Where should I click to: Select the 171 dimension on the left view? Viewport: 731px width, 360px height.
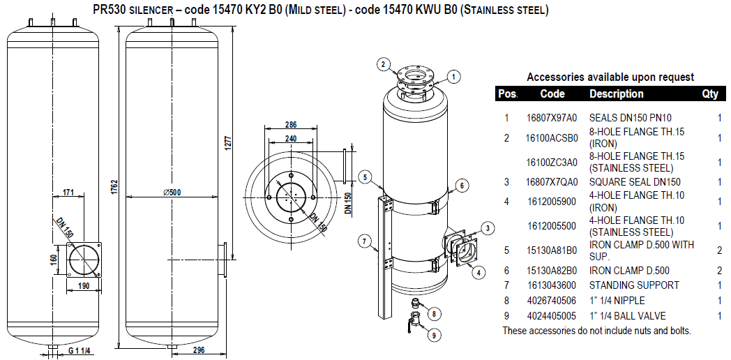tap(68, 192)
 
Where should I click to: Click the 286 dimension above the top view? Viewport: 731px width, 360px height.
tap(291, 125)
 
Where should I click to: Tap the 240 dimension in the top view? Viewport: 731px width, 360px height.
tap(291, 139)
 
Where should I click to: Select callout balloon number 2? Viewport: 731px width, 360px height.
tap(382, 65)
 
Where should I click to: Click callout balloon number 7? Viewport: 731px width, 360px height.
tap(363, 241)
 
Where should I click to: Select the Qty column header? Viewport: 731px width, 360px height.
tap(710, 93)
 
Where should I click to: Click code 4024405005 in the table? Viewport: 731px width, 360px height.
tap(551, 315)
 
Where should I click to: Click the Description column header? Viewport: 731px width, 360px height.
tap(617, 93)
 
